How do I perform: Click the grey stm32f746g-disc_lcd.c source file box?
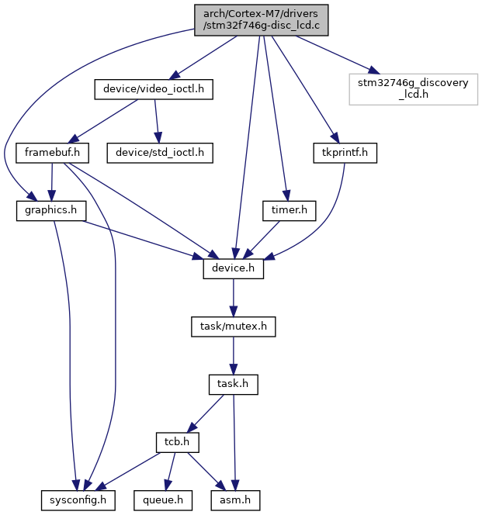(261, 20)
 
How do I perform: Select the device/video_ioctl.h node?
(154, 89)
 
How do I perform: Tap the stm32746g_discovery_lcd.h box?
(413, 89)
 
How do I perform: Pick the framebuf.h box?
(52, 153)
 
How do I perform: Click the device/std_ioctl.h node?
(160, 153)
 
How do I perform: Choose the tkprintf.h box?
(345, 153)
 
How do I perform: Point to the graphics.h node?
(51, 211)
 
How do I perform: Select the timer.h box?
(290, 211)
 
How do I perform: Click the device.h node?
(234, 268)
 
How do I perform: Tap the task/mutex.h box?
(234, 327)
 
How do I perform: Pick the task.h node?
(234, 384)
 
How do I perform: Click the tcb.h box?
(177, 442)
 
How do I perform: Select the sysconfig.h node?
(78, 500)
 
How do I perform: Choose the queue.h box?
(163, 500)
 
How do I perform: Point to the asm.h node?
(235, 500)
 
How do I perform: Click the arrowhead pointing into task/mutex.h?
(234, 311)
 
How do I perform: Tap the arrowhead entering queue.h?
(167, 485)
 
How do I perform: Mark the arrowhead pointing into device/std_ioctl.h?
(158, 137)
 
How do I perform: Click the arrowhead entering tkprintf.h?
(335, 138)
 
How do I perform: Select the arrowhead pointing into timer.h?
(286, 195)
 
